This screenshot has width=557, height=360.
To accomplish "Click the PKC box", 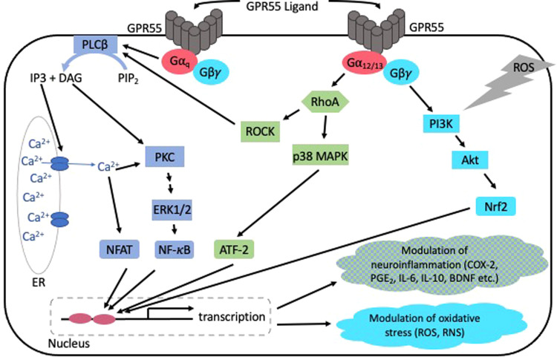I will pyautogui.click(x=164, y=157).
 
